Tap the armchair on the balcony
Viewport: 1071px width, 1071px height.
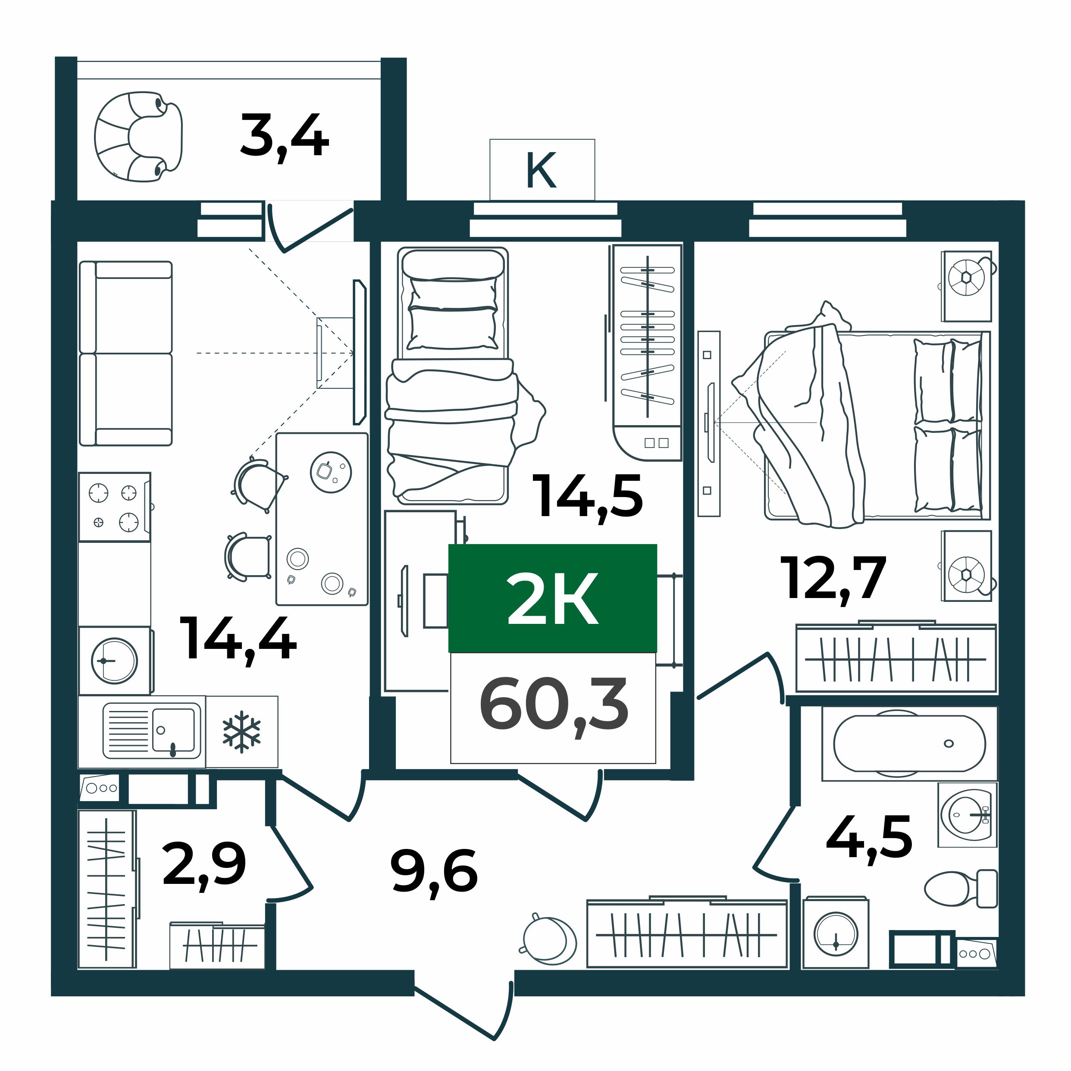coord(138,136)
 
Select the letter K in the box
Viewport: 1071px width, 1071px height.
coord(541,170)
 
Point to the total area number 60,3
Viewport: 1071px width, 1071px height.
coord(554,707)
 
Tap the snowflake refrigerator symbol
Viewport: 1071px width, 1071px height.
coord(242,732)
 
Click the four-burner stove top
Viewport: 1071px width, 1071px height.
coord(115,507)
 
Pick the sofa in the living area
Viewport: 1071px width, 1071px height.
coord(126,354)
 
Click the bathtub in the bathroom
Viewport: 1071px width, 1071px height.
coord(910,743)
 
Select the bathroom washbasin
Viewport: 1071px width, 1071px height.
coord(968,815)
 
